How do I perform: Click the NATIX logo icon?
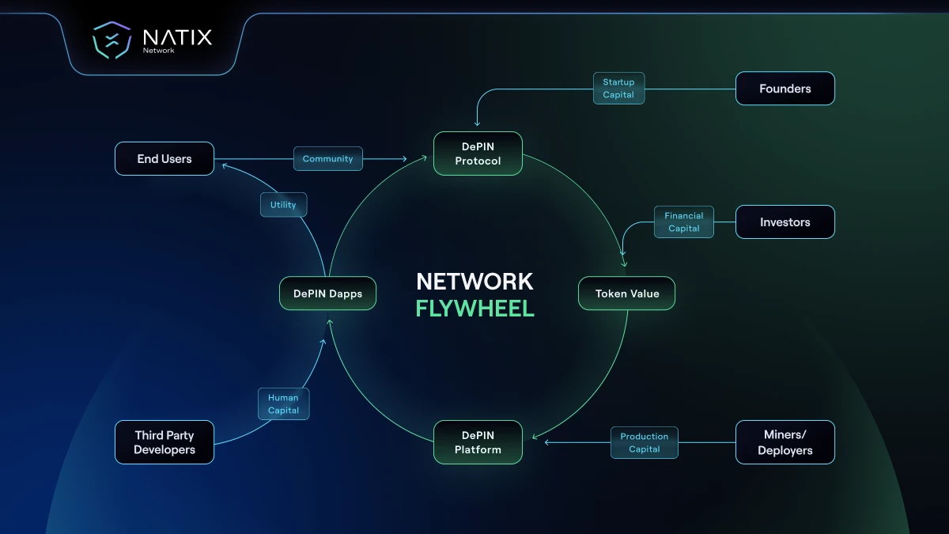[112, 40]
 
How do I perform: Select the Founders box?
[785, 89]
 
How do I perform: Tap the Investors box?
[785, 222]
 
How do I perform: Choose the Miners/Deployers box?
[785, 442]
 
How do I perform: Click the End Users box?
[164, 159]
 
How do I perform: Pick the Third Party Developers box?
[164, 442]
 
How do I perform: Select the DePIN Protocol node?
[478, 153]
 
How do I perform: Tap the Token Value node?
[627, 294]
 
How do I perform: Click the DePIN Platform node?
[478, 442]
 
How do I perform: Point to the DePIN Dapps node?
[327, 294]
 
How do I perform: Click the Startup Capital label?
[618, 89]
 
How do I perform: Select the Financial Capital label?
[683, 222]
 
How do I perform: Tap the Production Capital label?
[644, 443]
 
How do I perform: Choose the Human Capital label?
[283, 404]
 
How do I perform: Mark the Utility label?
[283, 205]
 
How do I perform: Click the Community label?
[327, 159]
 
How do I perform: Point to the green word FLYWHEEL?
[475, 309]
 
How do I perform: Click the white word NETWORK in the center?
[475, 282]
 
